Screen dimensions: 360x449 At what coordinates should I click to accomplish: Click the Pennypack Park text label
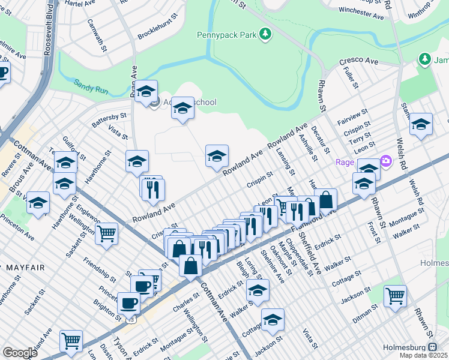(x=227, y=34)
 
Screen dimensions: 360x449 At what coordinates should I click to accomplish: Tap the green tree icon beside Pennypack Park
(x=265, y=34)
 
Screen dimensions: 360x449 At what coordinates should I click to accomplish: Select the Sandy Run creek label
(x=91, y=86)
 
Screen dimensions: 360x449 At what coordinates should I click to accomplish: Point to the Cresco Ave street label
(x=358, y=61)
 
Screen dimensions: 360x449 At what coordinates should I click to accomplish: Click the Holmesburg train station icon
(x=433, y=347)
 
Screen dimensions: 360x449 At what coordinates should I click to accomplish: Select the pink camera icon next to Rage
(x=385, y=161)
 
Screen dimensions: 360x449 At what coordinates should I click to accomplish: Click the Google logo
(x=20, y=352)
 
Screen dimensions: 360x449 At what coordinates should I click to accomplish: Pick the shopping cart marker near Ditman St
(x=395, y=295)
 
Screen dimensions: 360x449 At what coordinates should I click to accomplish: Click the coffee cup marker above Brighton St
(x=128, y=302)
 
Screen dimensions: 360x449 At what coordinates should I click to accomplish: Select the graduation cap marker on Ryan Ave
(x=145, y=91)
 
